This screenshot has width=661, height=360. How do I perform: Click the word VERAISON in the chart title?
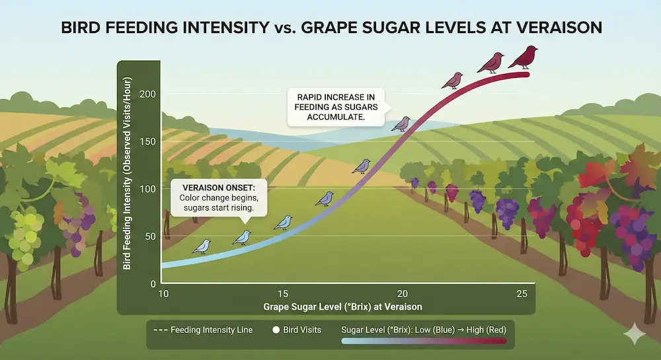[x=559, y=27]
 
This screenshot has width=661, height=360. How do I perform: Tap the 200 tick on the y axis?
[x=147, y=94]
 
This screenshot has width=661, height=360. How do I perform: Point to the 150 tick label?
[x=147, y=141]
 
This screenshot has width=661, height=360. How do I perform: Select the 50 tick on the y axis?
[x=151, y=236]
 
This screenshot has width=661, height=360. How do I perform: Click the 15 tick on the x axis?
[x=283, y=294]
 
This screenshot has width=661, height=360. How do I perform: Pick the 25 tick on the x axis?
[x=522, y=294]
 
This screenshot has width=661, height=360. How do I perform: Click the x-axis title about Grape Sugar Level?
[x=342, y=307]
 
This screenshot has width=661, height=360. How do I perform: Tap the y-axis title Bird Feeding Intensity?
[x=128, y=173]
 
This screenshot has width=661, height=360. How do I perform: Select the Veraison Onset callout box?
[x=219, y=198]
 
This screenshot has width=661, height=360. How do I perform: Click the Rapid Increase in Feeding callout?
[x=336, y=107]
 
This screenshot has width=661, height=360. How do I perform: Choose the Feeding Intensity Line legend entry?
[x=203, y=330]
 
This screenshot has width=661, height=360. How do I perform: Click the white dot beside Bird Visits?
[x=276, y=330]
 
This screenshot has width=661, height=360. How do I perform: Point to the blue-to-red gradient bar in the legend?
[x=424, y=341]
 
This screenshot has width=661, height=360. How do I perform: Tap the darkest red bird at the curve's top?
[x=524, y=57]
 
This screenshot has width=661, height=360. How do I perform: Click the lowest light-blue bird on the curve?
[x=202, y=246]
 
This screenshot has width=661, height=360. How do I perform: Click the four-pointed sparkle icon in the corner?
[x=635, y=334]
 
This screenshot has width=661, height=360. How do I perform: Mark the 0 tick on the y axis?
[x=153, y=284]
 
